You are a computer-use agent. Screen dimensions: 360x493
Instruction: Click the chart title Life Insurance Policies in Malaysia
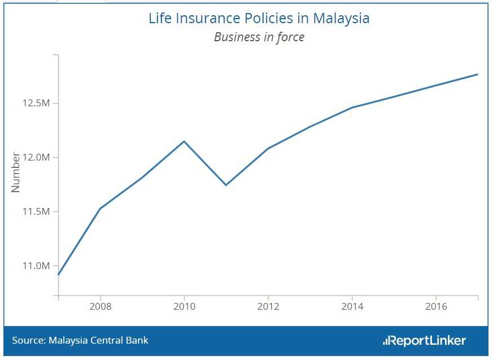point(259,18)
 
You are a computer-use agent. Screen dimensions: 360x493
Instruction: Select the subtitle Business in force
point(259,37)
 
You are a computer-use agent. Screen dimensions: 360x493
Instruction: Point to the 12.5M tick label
point(36,103)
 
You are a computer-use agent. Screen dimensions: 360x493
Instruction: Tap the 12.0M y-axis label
point(36,157)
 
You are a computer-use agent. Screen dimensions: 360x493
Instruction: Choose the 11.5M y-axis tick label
point(36,211)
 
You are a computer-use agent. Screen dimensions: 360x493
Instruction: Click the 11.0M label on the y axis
point(36,266)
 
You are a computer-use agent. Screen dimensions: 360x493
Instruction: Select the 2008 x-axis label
point(101,306)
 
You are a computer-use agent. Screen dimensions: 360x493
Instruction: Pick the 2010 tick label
point(184,306)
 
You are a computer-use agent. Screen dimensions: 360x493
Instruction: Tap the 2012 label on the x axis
point(268,306)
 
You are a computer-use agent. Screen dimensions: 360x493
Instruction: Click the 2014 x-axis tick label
point(352,306)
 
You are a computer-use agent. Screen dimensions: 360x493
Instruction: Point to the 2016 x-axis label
point(436,306)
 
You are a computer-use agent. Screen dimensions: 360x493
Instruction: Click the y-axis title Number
point(16,172)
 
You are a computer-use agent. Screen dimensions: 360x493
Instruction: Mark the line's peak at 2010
point(184,141)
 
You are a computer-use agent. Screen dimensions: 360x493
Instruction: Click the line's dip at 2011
point(226,185)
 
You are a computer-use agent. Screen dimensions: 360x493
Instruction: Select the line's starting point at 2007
point(59,274)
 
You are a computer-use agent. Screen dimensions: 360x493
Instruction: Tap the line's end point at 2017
point(478,74)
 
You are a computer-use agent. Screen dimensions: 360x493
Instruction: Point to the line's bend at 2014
point(352,107)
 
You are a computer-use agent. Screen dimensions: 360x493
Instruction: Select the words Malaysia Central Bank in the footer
point(99,340)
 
